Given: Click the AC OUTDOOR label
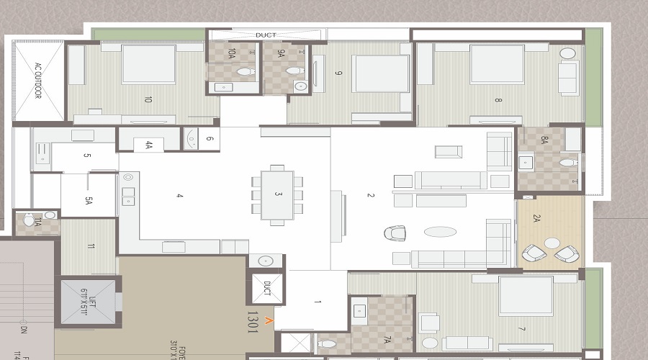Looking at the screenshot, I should [x=38, y=81].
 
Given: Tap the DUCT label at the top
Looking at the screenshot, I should [x=266, y=35].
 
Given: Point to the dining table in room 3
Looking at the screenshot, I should [x=277, y=194].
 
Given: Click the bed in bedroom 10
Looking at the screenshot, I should [x=148, y=64].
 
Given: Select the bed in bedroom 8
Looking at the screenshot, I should [x=497, y=64].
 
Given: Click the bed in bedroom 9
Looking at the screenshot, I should [x=380, y=73].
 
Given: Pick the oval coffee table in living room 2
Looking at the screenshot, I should [x=440, y=232].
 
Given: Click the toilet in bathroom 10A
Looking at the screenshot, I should [x=246, y=71].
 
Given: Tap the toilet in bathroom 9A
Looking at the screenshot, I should [x=294, y=71].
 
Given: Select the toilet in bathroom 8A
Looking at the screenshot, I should [x=568, y=163].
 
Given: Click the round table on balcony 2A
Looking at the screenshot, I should [x=552, y=243].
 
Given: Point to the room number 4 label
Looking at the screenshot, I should [x=180, y=196].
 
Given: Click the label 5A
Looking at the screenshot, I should [x=89, y=202].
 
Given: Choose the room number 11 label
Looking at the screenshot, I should [x=91, y=246].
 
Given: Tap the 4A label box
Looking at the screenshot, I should [x=149, y=145].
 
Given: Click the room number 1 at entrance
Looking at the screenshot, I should [x=318, y=303].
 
